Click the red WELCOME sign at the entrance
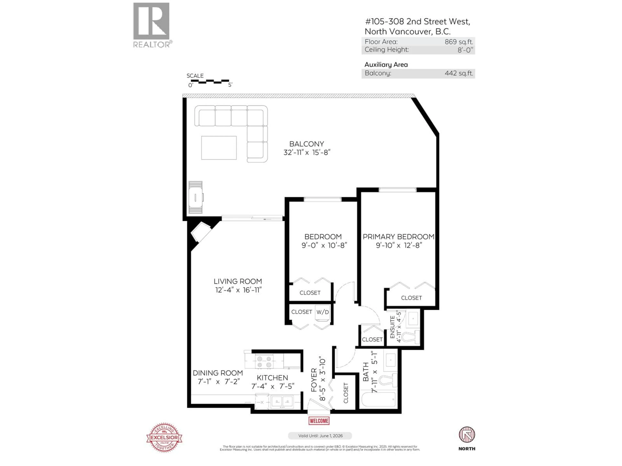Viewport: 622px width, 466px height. (319, 421)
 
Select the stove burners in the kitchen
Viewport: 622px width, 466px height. (264, 362)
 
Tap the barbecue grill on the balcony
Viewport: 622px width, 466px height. (196, 197)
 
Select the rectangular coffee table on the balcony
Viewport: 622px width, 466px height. (219, 148)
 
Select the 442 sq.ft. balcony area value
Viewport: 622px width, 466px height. (459, 73)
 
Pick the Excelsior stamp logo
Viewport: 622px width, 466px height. (164, 437)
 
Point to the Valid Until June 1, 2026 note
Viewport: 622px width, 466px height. (320, 436)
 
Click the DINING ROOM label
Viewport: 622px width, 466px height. (218, 373)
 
